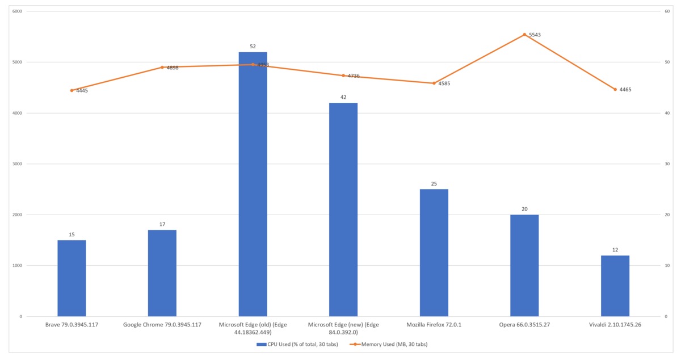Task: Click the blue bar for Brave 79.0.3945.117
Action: click(x=72, y=278)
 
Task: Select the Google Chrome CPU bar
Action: click(x=162, y=273)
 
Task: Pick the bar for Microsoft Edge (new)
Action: click(x=343, y=210)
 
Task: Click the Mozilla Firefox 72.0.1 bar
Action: click(x=434, y=253)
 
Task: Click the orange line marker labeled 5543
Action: click(x=524, y=35)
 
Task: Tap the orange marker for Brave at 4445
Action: click(x=72, y=90)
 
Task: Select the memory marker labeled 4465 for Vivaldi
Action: click(x=615, y=89)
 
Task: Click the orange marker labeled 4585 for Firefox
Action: click(x=434, y=83)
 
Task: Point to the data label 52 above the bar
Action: click(x=253, y=47)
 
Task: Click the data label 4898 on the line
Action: click(x=173, y=68)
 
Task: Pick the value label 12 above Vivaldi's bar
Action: click(x=615, y=250)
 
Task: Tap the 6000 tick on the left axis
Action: click(x=17, y=11)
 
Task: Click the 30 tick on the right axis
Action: click(x=667, y=164)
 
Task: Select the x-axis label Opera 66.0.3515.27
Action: click(x=524, y=325)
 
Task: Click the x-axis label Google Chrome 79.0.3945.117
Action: click(x=162, y=325)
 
